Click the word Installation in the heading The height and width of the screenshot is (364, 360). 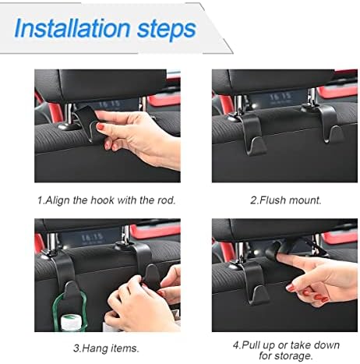click(72, 28)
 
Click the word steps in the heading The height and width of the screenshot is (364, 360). click(166, 29)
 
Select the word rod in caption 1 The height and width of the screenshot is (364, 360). click(167, 200)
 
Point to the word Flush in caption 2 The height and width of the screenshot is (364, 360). click(271, 200)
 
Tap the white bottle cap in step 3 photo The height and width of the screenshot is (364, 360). click(72, 323)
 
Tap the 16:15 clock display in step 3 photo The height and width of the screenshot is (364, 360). click(92, 238)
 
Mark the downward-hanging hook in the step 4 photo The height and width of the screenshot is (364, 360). click(253, 282)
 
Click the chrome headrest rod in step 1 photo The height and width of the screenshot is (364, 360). click(68, 114)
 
